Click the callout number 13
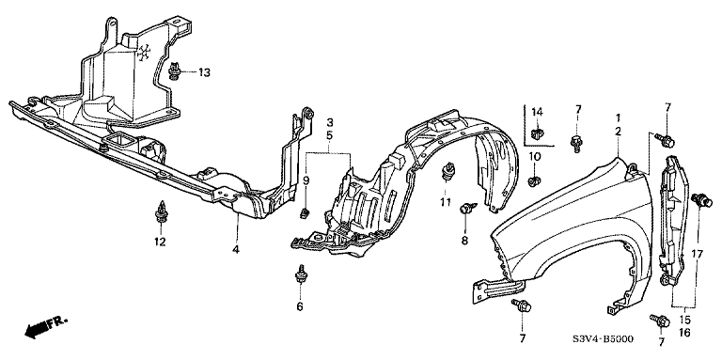[x=204, y=72]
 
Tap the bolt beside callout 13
[x=175, y=71]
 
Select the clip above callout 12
[x=160, y=212]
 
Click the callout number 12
[x=160, y=242]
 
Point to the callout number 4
[x=236, y=249]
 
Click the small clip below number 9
[x=304, y=213]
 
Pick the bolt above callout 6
[x=300, y=274]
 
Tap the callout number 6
[x=300, y=306]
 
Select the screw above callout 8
[x=467, y=209]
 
